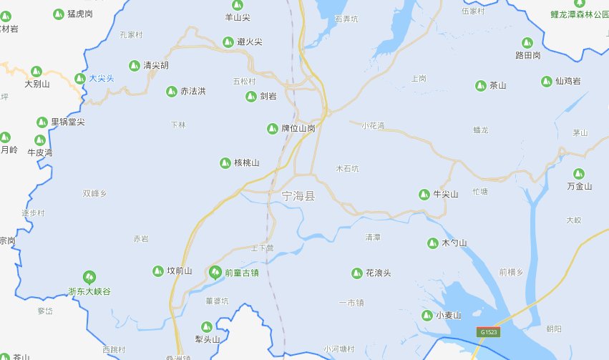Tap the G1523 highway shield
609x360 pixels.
click(489, 333)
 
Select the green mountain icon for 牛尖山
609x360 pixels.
click(423, 194)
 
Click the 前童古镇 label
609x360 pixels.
click(241, 272)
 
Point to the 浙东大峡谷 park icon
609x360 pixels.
click(89, 276)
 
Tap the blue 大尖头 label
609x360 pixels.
click(101, 78)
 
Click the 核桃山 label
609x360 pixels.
click(246, 163)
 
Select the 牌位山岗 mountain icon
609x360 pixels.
click(272, 129)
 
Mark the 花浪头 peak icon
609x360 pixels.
click(356, 273)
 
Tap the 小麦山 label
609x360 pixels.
click(449, 316)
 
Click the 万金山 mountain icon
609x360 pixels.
click(579, 173)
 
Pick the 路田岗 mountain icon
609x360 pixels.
click(527, 42)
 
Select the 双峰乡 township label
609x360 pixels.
click(94, 193)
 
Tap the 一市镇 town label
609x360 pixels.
click(351, 303)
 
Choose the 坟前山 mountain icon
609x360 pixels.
click(157, 271)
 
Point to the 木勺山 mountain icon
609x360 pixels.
click(432, 243)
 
